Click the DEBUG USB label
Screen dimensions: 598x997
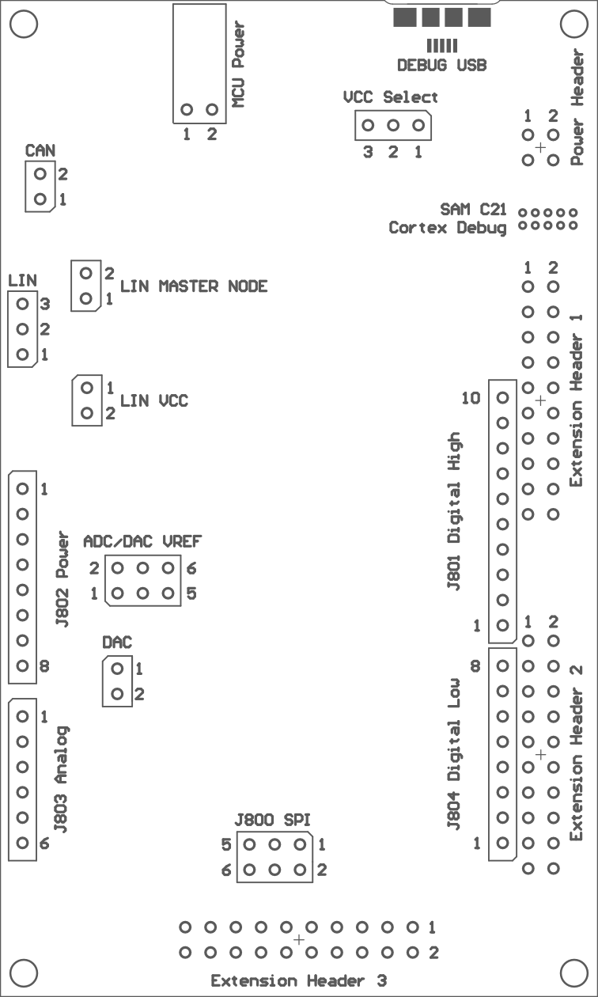point(441,66)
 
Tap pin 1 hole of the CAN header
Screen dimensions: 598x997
point(40,199)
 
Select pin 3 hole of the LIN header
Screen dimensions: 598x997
point(22,304)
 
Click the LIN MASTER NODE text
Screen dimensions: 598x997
point(194,286)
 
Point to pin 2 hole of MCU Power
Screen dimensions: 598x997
point(212,109)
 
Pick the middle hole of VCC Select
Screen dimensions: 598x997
point(393,126)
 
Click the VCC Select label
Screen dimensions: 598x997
point(390,97)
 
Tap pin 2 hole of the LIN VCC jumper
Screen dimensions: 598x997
point(87,413)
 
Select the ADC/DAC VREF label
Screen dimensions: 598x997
point(142,541)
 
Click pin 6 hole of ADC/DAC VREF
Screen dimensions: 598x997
point(168,568)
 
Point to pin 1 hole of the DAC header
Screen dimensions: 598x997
point(117,668)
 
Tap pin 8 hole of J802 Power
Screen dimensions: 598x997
point(22,666)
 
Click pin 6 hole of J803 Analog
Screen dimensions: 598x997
point(22,843)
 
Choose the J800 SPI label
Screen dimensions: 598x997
point(272,820)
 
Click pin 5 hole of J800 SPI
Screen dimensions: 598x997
point(249,844)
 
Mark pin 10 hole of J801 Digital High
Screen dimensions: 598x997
point(503,397)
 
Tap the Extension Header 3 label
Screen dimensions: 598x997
point(298,980)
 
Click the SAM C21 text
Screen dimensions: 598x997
point(473,209)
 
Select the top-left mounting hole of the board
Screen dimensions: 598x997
point(24,24)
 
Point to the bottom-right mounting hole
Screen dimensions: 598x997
point(574,973)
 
